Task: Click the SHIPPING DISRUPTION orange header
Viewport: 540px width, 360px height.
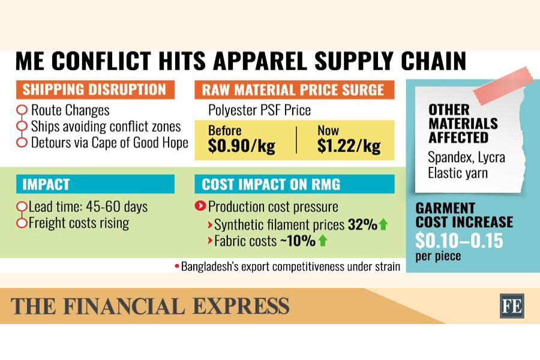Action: (x=94, y=90)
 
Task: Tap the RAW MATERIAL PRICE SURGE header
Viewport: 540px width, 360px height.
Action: (x=293, y=90)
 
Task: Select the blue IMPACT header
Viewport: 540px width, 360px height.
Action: (x=94, y=184)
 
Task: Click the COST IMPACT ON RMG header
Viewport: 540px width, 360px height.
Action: (x=293, y=184)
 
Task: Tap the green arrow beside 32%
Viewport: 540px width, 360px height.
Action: (x=383, y=225)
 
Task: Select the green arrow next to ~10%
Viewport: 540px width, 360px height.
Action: (x=323, y=241)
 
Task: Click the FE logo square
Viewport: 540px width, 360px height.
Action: (x=511, y=305)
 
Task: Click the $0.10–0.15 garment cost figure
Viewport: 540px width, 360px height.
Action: (x=460, y=241)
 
